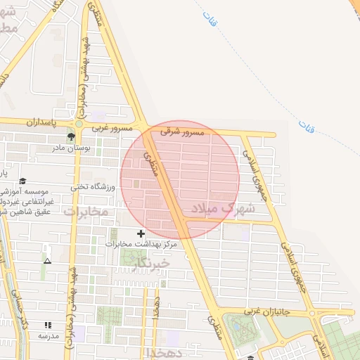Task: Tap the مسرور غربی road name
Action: [110, 127]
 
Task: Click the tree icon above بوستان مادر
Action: [72, 136]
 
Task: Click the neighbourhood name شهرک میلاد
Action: [219, 208]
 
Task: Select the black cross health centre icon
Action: [141, 233]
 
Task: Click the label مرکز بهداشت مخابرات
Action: [141, 245]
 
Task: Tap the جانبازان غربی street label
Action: [267, 310]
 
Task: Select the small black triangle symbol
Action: [47, 261]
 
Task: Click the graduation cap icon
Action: [23, 181]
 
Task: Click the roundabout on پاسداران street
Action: [78, 124]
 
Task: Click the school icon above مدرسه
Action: [48, 325]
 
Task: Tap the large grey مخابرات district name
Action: [86, 211]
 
